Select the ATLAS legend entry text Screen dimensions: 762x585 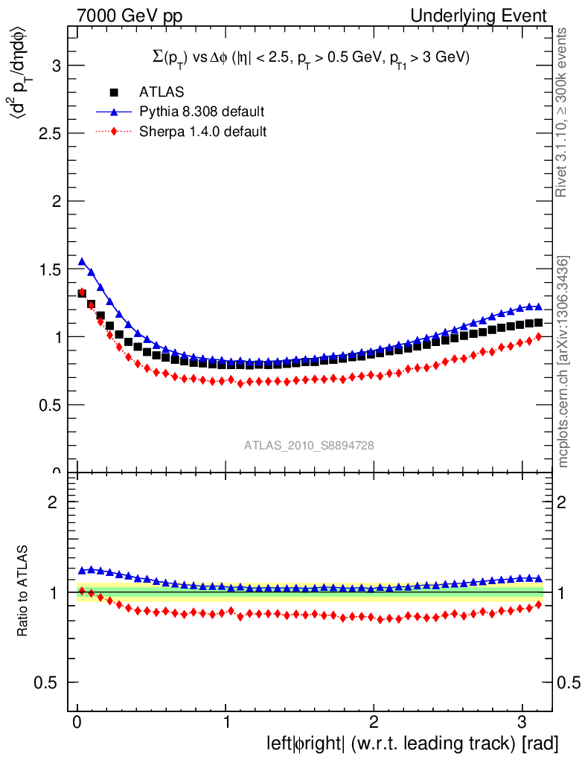[x=162, y=92]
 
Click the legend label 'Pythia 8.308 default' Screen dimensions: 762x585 [x=202, y=112]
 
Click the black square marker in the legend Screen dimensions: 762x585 [x=114, y=92]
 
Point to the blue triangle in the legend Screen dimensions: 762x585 [x=114, y=112]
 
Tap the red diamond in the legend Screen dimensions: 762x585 [x=114, y=132]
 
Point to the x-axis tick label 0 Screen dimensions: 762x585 [x=77, y=722]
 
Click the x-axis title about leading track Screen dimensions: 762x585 [x=412, y=743]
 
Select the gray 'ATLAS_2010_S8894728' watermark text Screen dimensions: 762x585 [x=309, y=445]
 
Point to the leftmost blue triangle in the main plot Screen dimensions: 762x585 [x=82, y=262]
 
